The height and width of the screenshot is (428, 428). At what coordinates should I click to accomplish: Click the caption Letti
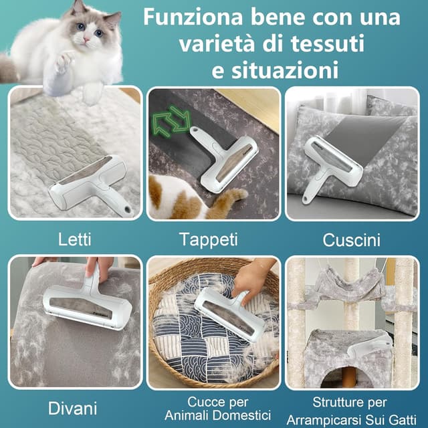click(x=74, y=238)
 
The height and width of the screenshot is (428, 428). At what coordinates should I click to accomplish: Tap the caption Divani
click(x=73, y=407)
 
